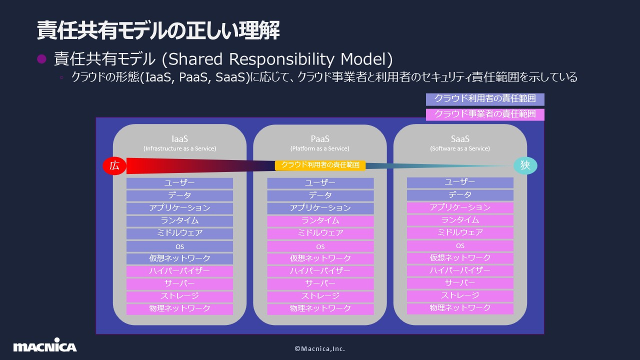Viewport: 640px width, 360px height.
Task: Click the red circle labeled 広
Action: [114, 165]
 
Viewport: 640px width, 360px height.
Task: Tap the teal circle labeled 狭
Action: [525, 165]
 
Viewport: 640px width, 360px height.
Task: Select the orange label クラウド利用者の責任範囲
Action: [320, 165]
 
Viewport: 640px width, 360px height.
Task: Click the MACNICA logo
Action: [45, 346]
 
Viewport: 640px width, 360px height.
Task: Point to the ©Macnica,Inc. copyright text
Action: [320, 348]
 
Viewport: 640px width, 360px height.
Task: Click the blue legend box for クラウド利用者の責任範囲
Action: [485, 99]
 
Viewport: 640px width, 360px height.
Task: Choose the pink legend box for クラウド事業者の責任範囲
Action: [485, 114]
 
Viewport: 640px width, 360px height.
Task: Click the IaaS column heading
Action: [179, 139]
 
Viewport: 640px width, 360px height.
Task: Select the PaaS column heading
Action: [320, 139]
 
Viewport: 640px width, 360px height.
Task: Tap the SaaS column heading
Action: [460, 139]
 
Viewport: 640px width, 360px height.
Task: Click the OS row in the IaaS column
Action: [179, 246]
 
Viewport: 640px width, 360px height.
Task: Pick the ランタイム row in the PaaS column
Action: [320, 220]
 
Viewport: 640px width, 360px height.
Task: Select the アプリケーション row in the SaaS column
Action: [460, 207]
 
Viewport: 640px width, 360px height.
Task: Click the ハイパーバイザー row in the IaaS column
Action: [179, 271]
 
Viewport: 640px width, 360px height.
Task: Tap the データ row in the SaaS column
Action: [460, 195]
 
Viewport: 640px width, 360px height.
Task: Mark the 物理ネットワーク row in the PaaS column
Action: [320, 308]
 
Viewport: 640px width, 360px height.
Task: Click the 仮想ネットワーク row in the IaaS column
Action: [179, 258]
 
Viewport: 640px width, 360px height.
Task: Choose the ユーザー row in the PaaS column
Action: [320, 183]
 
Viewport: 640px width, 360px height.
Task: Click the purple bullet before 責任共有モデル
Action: [42, 59]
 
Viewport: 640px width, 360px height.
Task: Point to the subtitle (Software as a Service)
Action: [460, 148]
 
